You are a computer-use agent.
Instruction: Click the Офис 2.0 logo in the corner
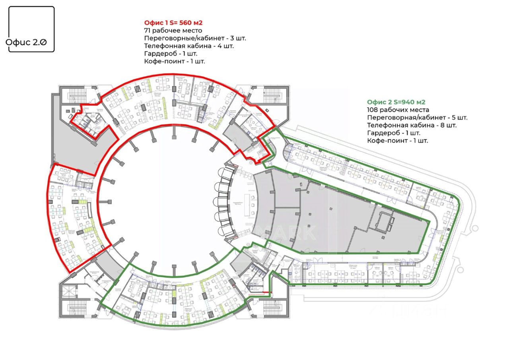tap(31, 29)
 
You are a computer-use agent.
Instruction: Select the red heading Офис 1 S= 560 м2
tap(176, 23)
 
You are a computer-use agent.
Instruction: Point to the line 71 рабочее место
tap(173, 31)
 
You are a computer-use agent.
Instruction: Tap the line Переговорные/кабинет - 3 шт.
tap(195, 38)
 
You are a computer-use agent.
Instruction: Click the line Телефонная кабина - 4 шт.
tap(189, 46)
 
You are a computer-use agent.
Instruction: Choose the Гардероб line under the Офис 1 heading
tap(171, 53)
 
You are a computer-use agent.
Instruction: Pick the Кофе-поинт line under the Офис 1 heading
tap(175, 61)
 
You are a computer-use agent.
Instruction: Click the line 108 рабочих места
tap(398, 110)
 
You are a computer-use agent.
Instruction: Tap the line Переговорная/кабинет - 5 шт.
tap(417, 118)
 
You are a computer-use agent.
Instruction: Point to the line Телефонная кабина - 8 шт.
tap(412, 125)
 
